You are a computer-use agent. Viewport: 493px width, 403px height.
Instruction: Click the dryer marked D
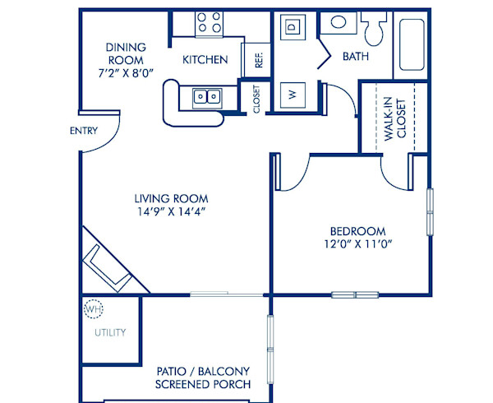point(292,27)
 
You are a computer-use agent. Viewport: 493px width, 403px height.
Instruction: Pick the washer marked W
point(292,94)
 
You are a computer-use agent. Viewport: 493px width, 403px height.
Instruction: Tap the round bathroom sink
point(334,22)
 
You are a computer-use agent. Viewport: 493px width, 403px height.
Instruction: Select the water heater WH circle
point(94,310)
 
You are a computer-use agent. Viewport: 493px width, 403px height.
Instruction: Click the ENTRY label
point(84,130)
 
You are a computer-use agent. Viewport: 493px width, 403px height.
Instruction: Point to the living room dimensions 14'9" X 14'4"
point(171,211)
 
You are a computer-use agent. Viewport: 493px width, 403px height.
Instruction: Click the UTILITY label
point(110,333)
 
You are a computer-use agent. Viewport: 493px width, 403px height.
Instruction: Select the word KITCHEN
point(205,59)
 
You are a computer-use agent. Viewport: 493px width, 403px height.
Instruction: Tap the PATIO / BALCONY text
point(202,371)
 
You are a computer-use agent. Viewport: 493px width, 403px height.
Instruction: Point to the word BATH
point(356,57)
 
